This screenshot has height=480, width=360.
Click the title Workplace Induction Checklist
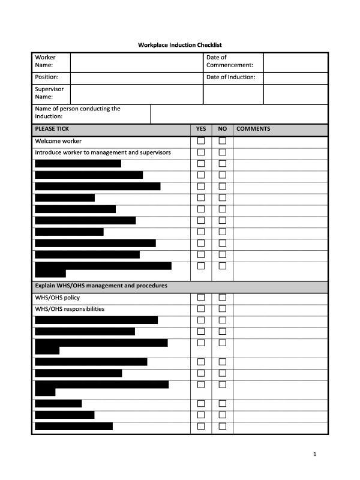pyautogui.click(x=180, y=45)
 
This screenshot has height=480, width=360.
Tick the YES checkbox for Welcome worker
pyautogui.click(x=201, y=141)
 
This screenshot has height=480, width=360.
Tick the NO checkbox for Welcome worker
pyautogui.click(x=222, y=141)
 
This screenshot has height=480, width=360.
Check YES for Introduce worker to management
pyautogui.click(x=201, y=152)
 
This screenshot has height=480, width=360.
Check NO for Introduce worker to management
pyautogui.click(x=222, y=152)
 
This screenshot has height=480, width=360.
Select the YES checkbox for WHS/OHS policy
pyautogui.click(x=201, y=298)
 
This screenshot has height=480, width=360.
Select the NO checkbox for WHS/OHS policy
pyautogui.click(x=222, y=298)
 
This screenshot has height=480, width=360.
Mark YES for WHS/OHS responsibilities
pyautogui.click(x=201, y=309)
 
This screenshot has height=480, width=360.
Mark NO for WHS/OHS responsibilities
pyautogui.click(x=222, y=309)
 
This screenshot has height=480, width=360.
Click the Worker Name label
pyautogui.click(x=45, y=61)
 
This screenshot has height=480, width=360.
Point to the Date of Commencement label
pyautogui.click(x=229, y=61)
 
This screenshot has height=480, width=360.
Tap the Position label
pyautogui.click(x=47, y=77)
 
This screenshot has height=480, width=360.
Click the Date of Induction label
pyautogui.click(x=231, y=77)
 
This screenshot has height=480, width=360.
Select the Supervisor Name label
pyautogui.click(x=49, y=93)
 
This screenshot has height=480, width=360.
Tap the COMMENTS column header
pyautogui.click(x=253, y=129)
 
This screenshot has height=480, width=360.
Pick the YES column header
pyautogui.click(x=201, y=129)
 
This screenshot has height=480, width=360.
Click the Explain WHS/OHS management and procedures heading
pyautogui.click(x=101, y=286)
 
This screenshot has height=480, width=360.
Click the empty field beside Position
pyautogui.click(x=136, y=78)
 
